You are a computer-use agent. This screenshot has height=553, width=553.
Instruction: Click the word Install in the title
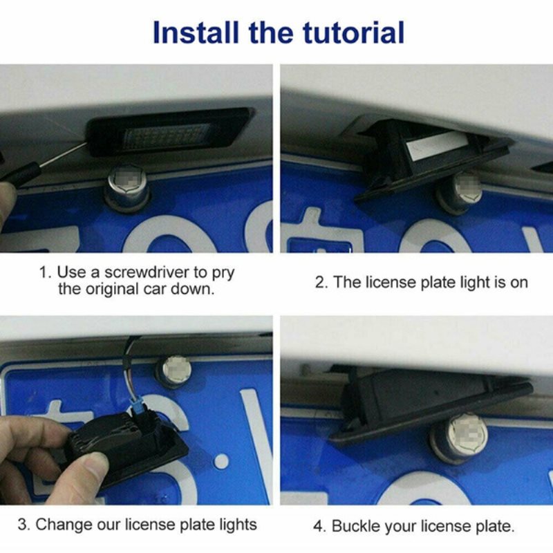[196, 32]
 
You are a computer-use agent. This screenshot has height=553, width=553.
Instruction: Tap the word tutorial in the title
[353, 32]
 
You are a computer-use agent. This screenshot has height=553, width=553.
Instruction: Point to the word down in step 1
[193, 289]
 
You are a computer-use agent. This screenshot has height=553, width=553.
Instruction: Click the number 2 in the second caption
[321, 283]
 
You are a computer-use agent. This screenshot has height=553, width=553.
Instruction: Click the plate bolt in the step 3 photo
[175, 372]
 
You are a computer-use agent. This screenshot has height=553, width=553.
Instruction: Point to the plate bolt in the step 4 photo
[460, 438]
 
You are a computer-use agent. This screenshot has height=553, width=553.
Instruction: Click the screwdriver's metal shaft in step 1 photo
[64, 154]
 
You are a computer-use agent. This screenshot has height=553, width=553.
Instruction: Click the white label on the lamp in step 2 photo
[438, 145]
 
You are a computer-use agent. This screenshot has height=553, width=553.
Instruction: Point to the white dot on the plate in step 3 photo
[221, 461]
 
